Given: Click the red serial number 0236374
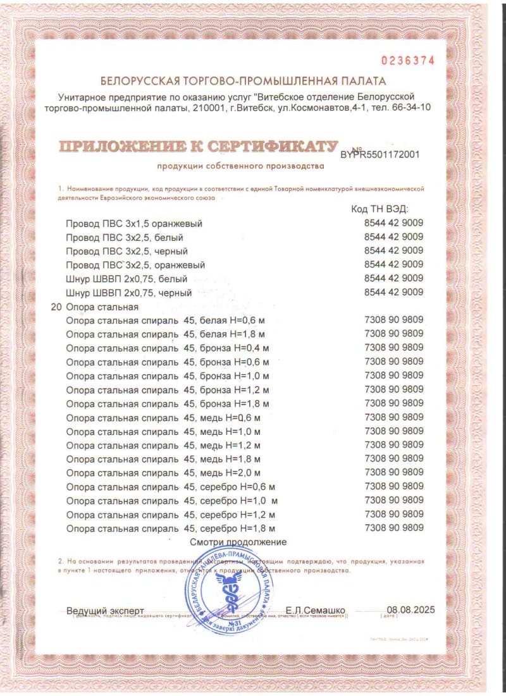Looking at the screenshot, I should [407, 61].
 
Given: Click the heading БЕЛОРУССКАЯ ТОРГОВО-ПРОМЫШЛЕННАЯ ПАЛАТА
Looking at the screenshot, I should [242, 82].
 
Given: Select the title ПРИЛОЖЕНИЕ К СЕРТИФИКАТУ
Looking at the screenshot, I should [198, 147].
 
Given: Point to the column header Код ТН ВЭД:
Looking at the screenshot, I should [379, 209].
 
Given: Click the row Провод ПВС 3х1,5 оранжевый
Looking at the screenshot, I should [134, 224].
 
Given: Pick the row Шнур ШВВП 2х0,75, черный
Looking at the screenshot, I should [128, 293].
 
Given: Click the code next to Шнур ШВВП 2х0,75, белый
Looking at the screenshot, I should [394, 278].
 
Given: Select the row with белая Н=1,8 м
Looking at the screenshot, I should [165, 334].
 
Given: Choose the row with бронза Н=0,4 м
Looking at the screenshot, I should [168, 348].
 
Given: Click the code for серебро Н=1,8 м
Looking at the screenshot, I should [394, 527].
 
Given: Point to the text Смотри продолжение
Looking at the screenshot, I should [238, 542].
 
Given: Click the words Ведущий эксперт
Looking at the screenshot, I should [105, 611].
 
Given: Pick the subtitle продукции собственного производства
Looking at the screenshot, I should [240, 166].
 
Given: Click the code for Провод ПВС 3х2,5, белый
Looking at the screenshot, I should [394, 237].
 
